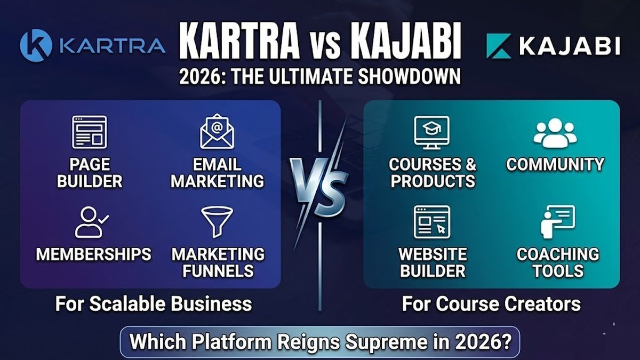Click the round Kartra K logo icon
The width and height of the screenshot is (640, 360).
coord(36,45)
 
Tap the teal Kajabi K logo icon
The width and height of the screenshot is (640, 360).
coord(499,46)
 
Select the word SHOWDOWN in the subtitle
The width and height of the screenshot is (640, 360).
coord(409,76)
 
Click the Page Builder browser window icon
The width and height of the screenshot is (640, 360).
coord(90,132)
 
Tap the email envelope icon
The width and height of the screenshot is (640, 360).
coord(217,131)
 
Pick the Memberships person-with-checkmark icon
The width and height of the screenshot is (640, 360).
coord(91,222)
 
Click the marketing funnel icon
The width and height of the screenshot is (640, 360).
coord(217,222)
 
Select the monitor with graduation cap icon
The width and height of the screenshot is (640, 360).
coord(431,132)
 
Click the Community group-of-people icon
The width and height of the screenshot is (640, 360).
coord(555,133)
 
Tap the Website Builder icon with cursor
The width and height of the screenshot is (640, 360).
coord(431,222)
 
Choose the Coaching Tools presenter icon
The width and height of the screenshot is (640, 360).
coord(558,222)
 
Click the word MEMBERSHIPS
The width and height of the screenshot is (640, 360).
coord(93,254)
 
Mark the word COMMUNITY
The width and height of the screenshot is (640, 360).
coord(555,164)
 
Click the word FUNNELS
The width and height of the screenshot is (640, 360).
coord(218,270)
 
